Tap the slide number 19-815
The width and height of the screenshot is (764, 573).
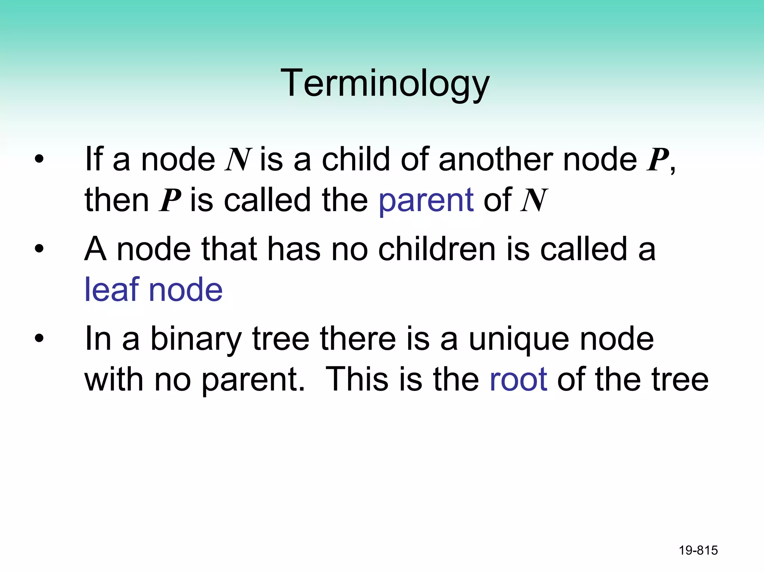tap(698, 550)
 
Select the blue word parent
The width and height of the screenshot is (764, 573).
tap(426, 201)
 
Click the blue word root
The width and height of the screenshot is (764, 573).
tap(518, 379)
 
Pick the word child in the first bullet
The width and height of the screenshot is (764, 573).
tap(356, 160)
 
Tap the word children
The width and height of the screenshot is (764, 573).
tap(437, 249)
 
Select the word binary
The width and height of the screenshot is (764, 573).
tap(196, 339)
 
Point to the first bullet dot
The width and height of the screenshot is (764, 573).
tap(39, 160)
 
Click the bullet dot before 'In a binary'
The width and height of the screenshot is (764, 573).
tap(39, 339)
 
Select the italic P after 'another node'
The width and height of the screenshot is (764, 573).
tap(657, 160)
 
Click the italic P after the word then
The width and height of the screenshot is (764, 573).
tap(170, 201)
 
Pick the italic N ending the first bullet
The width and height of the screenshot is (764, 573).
tap(534, 201)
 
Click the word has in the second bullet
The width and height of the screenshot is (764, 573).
tap(294, 249)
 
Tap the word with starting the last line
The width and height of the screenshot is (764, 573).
tap(114, 379)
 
